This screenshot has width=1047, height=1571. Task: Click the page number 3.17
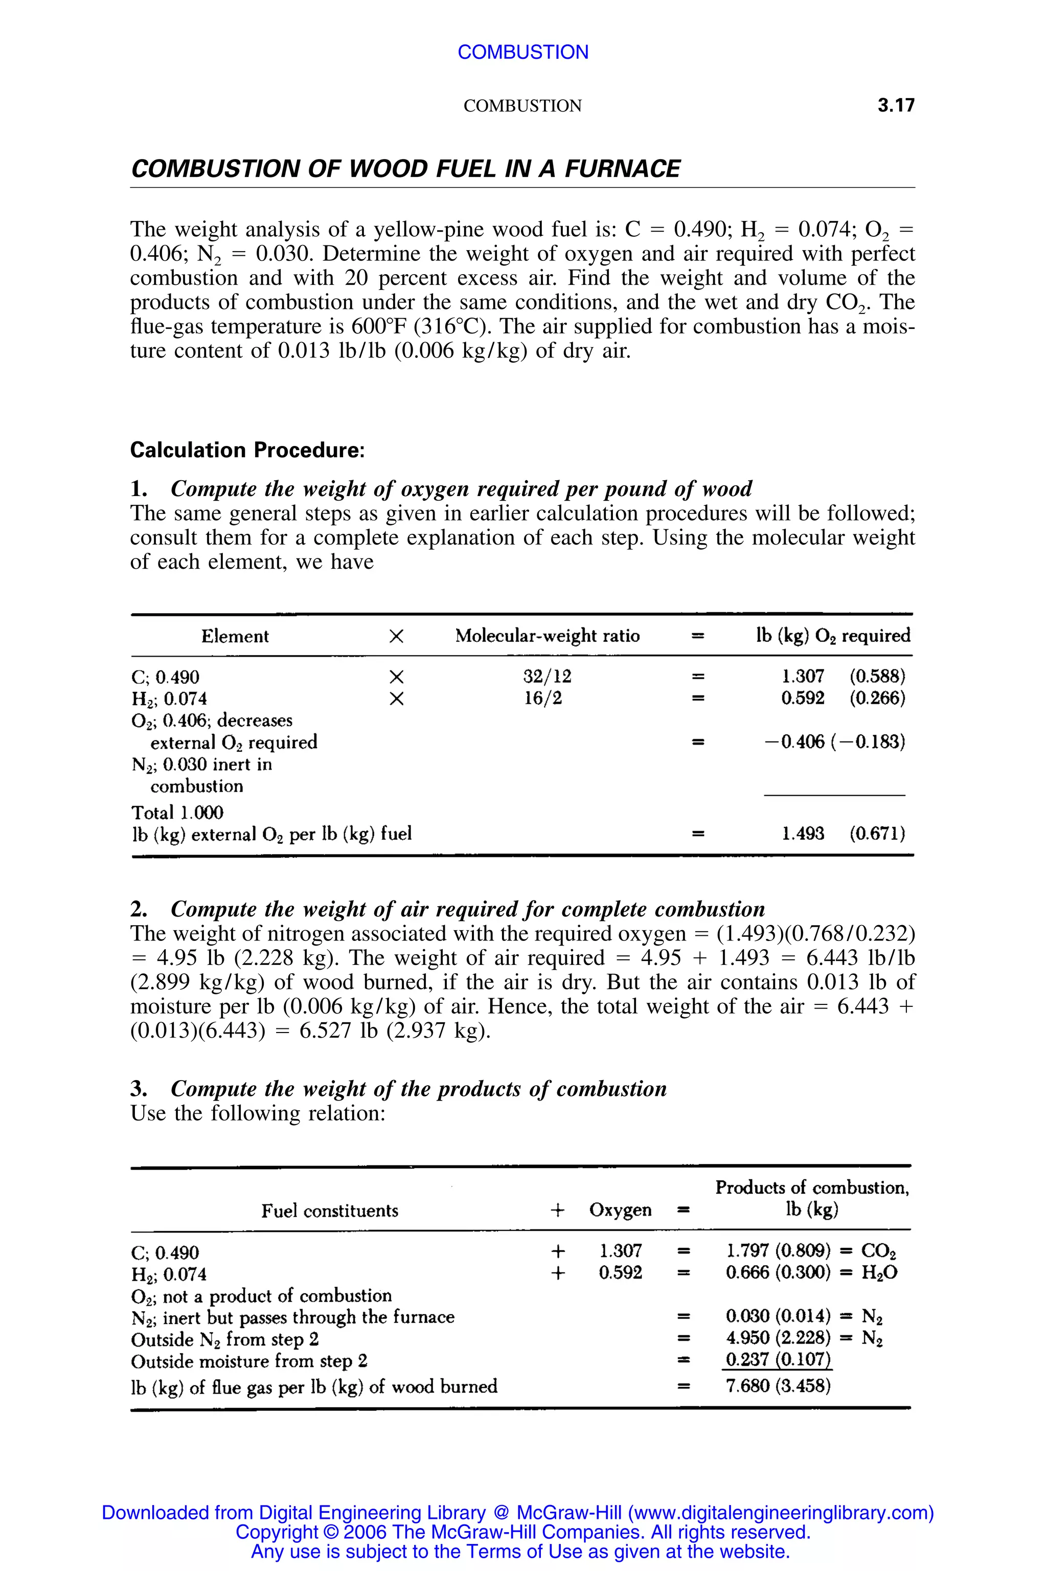pos(896,105)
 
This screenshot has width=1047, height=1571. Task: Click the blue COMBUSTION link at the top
pos(523,52)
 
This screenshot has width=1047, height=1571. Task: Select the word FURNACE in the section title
pos(622,168)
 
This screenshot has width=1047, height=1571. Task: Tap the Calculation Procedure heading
pos(247,450)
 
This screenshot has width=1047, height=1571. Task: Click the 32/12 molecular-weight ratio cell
pos(547,677)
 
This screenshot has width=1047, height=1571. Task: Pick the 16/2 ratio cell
pos(543,699)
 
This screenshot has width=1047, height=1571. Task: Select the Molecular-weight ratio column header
pos(547,636)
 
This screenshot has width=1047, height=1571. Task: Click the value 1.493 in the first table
pos(803,834)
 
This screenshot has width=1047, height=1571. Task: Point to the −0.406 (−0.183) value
pos(835,742)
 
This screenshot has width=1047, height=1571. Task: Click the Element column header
pos(235,636)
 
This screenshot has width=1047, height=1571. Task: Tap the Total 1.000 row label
pos(177,813)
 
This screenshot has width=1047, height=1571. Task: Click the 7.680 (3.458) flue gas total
pos(778,1386)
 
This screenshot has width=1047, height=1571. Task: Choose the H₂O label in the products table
pos(879,1272)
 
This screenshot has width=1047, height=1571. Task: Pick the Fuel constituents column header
pos(329,1211)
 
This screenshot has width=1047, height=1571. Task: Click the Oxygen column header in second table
pos(620,1210)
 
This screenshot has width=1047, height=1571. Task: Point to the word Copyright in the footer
pos(277,1532)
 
